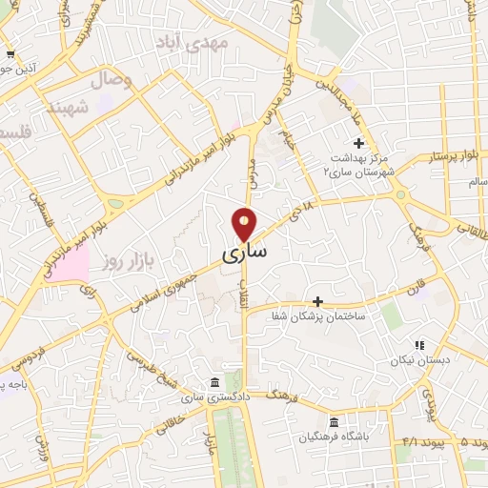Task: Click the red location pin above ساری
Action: click(245, 224)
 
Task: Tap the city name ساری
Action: click(245, 254)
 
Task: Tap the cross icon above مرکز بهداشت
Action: click(358, 143)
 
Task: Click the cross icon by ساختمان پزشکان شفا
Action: click(318, 301)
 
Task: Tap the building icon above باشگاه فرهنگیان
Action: click(333, 422)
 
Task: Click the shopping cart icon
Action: click(10, 54)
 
